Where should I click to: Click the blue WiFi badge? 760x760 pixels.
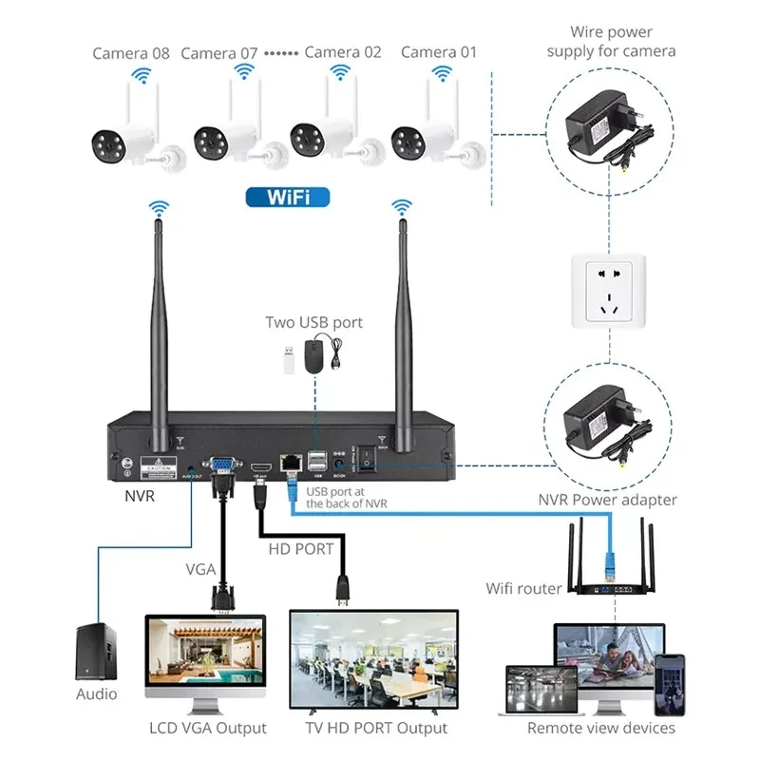coord(288,197)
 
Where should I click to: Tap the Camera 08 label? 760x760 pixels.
coord(131,52)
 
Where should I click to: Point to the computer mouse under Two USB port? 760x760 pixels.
coord(316,357)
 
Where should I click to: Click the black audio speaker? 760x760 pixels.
coord(97,652)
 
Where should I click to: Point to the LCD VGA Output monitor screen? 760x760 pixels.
coord(205,655)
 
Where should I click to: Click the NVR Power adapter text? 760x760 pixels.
coord(607,500)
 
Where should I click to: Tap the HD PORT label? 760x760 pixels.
coord(300,549)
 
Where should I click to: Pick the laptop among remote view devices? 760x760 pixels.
coord(541,689)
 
